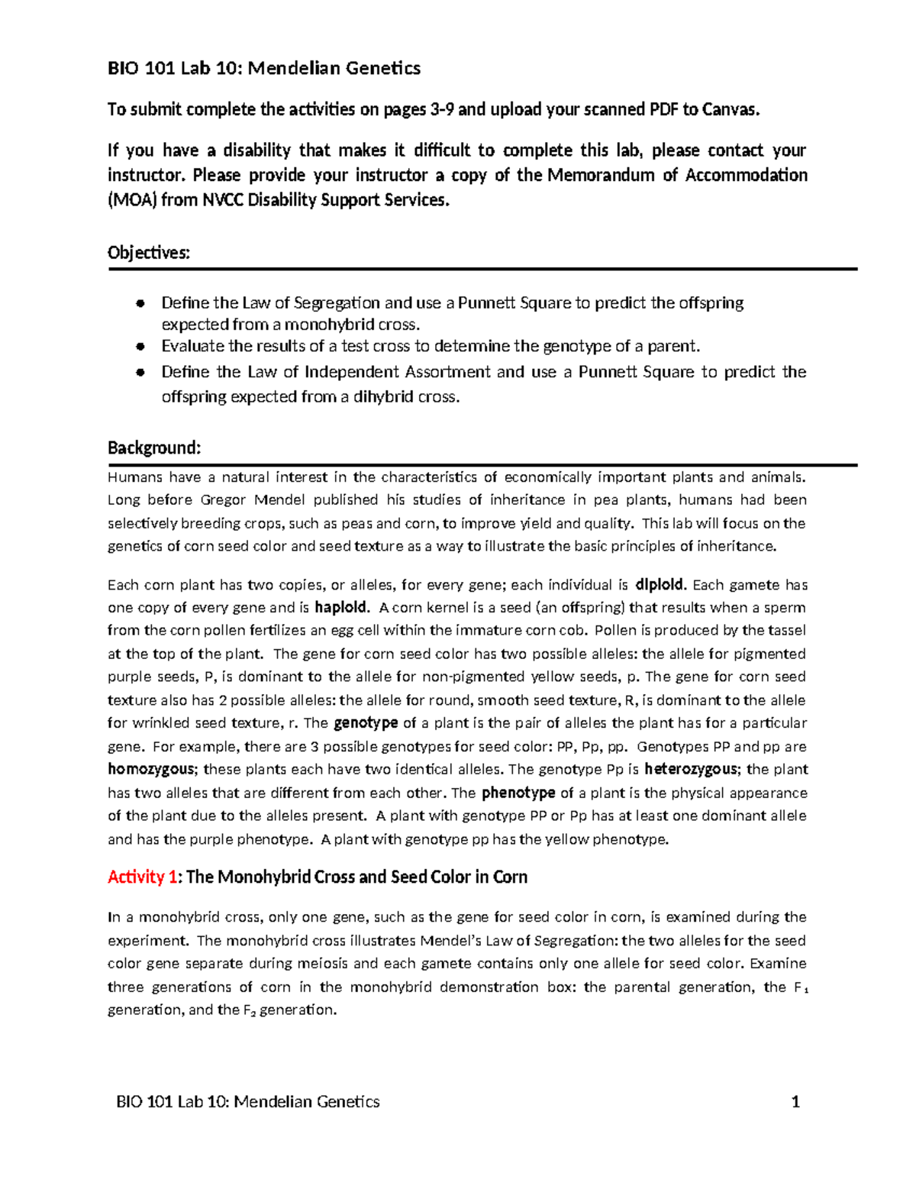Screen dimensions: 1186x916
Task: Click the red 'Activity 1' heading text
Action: point(136,877)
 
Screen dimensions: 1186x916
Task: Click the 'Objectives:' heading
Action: point(149,253)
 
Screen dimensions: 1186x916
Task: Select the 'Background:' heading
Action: point(154,448)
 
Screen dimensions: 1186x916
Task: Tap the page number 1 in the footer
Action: point(795,1101)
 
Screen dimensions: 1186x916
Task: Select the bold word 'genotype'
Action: point(366,722)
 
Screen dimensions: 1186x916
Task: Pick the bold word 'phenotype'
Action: point(518,793)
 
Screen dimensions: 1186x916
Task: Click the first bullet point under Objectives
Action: point(140,303)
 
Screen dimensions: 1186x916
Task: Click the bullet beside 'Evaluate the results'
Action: point(140,346)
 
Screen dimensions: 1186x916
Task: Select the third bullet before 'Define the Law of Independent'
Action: point(140,372)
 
